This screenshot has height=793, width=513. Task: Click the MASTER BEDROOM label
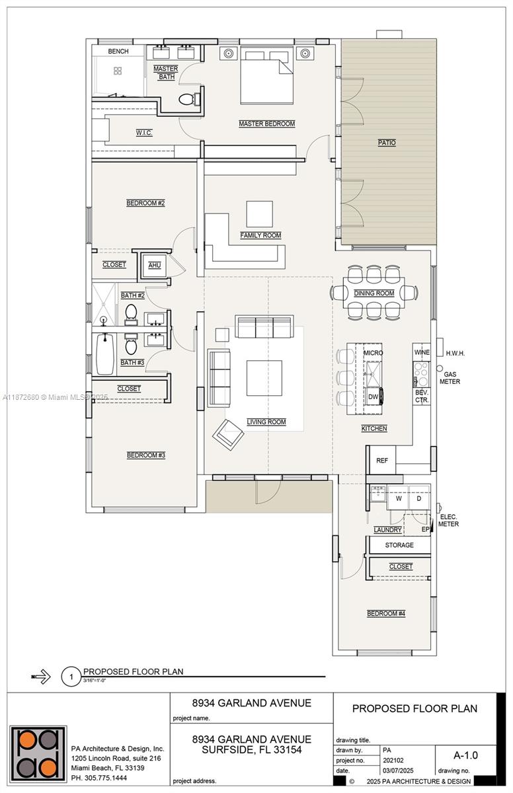click(266, 124)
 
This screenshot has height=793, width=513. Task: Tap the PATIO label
click(387, 143)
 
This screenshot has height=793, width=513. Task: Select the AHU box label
click(155, 265)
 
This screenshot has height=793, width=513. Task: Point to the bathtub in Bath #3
click(105, 354)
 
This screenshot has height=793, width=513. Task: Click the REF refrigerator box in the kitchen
click(381, 461)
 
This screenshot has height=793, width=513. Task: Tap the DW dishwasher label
click(373, 397)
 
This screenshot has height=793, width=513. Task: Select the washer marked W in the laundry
click(399, 499)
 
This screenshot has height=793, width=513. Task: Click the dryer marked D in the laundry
click(419, 499)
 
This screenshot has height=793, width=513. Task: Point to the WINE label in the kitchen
click(422, 353)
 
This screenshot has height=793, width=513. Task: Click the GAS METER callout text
click(452, 378)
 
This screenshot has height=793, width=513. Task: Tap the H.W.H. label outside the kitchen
click(455, 354)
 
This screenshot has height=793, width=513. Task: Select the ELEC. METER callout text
click(448, 520)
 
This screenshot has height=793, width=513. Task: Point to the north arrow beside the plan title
click(41, 676)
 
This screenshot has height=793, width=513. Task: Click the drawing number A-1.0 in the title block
click(465, 755)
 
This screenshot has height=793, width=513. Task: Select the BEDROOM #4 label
click(386, 614)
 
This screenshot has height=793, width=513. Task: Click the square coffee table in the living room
click(264, 377)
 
